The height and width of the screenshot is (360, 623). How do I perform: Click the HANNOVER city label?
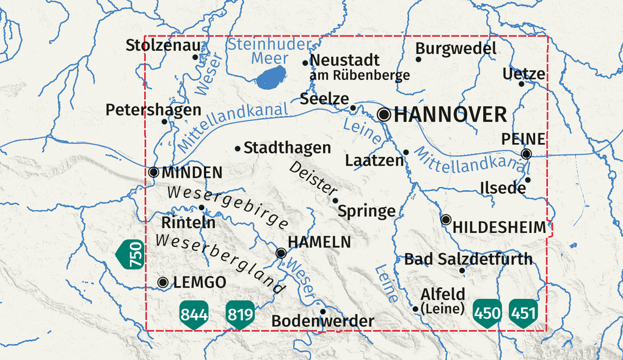[451, 114]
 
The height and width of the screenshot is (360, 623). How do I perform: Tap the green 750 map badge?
[131, 254]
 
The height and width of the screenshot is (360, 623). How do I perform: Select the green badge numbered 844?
[194, 314]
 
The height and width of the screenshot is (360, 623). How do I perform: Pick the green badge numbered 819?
[240, 314]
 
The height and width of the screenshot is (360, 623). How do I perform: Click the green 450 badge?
[487, 313]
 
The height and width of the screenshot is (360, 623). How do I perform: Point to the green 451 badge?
[523, 313]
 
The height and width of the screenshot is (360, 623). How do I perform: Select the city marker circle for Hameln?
[281, 253]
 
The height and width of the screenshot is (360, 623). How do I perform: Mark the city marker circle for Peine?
[526, 153]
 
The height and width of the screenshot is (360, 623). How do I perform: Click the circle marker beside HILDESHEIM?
[446, 219]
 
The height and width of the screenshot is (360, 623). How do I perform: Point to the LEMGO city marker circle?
[163, 282]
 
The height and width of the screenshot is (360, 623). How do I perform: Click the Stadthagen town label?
[287, 148]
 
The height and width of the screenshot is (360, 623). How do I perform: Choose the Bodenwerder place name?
[322, 321]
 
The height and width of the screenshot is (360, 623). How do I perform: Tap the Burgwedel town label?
[456, 48]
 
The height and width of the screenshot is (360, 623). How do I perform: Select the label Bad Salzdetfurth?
[468, 259]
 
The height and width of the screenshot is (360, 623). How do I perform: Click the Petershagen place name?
[153, 110]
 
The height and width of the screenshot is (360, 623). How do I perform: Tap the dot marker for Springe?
[335, 200]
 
